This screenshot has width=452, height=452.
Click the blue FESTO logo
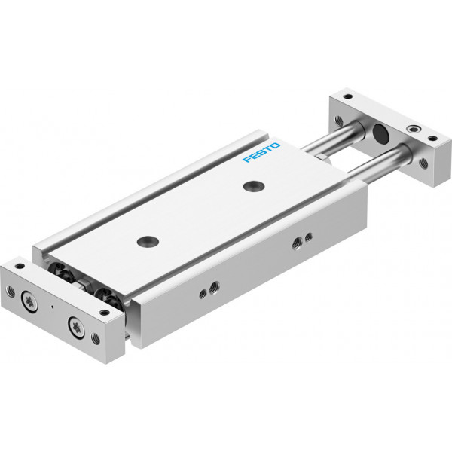click(261, 152)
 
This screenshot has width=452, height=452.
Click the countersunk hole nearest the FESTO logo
click(254, 186)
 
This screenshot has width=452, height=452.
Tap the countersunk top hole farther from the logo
click(148, 241)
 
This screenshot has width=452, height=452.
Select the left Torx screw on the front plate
click(29, 301)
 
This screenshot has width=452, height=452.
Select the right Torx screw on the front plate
click(76, 328)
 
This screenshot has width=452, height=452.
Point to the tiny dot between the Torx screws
click(52, 307)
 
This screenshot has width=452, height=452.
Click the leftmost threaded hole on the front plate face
click(10, 291)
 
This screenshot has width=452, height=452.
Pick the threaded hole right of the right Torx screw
click(96, 339)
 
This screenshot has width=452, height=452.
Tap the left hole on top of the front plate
click(20, 266)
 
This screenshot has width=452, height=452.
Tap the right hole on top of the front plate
click(105, 312)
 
